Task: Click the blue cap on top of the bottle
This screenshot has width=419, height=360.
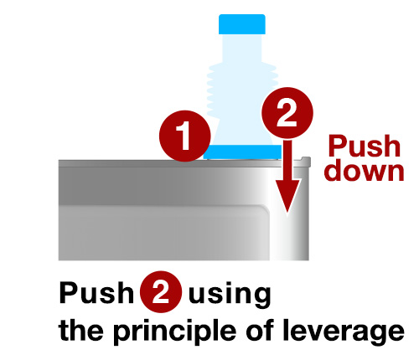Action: click(x=242, y=24)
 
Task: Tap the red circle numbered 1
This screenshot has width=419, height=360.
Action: click(x=184, y=136)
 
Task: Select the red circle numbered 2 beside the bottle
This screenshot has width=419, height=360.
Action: click(x=287, y=113)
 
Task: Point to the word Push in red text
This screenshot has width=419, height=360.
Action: click(x=365, y=146)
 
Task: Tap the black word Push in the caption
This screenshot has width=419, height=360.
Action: click(x=96, y=292)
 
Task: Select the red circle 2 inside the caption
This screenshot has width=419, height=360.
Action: click(x=161, y=291)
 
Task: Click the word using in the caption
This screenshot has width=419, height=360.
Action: click(x=230, y=295)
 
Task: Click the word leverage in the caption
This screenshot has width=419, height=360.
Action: click(x=344, y=332)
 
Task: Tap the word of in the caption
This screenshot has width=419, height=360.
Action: click(x=261, y=329)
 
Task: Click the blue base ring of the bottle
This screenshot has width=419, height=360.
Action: click(x=242, y=152)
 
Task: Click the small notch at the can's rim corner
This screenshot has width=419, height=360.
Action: click(x=306, y=160)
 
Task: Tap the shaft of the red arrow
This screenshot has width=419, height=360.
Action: click(x=287, y=161)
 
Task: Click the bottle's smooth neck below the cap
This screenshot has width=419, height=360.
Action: click(x=242, y=48)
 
